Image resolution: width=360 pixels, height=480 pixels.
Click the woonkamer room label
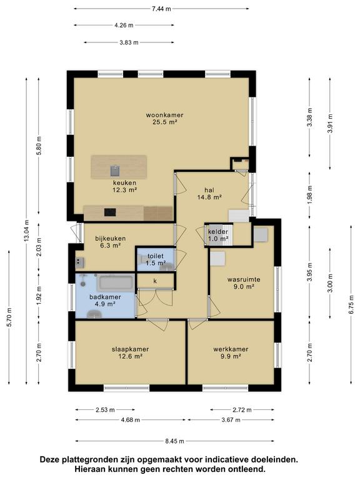point(165,115)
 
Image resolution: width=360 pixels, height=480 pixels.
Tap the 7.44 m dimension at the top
point(161,9)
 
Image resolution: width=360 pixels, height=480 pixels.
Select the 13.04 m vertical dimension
point(27,231)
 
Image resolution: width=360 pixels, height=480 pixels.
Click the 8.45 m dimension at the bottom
point(175,441)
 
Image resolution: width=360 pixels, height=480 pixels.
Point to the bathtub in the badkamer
point(116,282)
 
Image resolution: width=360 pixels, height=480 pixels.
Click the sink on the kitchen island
point(115,171)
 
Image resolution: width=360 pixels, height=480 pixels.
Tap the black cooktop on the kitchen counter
point(110,212)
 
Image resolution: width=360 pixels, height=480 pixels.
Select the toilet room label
point(156,256)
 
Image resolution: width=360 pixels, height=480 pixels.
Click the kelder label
point(218,232)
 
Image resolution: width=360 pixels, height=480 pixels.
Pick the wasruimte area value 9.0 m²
point(244,286)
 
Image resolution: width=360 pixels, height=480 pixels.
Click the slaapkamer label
point(131,349)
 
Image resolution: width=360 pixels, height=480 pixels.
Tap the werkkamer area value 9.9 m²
point(231,356)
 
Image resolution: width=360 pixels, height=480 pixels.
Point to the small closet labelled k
point(155,281)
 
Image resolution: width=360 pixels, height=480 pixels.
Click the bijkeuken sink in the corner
point(79,262)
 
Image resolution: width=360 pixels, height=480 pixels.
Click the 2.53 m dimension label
point(105,409)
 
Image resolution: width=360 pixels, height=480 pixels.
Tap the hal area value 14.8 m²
point(209,197)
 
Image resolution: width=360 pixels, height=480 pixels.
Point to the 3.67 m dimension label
point(231,420)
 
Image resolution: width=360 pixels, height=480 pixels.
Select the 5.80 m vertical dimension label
point(39,146)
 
